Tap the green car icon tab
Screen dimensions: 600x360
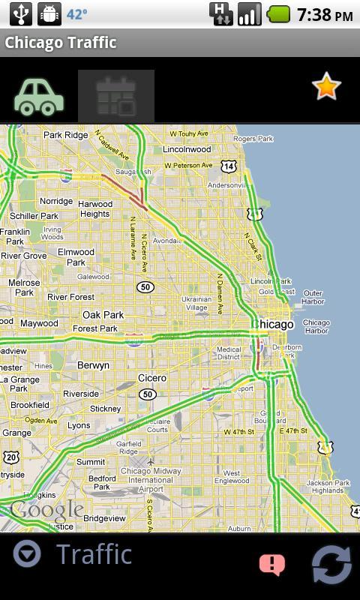tap(39, 97)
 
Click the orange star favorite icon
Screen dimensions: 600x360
tap(326, 87)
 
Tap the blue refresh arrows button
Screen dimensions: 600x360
tap(331, 564)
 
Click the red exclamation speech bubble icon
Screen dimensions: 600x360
tap(271, 564)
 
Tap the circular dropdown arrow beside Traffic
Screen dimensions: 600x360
tap(27, 554)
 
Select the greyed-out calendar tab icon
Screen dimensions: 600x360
tap(116, 97)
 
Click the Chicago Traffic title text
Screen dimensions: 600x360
tap(60, 43)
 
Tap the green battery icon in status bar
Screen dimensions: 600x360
tap(279, 14)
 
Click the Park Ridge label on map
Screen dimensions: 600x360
tap(65, 135)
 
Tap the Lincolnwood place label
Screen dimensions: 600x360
tap(187, 149)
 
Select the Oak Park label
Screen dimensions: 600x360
tap(103, 315)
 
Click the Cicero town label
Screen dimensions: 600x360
tap(151, 378)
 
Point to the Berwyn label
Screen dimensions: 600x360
tap(93, 365)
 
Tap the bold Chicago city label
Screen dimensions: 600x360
tap(275, 324)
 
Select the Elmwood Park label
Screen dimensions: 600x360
tap(76, 257)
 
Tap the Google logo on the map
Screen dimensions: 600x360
tap(46, 511)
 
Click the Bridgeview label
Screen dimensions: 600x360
tap(104, 518)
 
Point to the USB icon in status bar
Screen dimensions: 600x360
tap(21, 14)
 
